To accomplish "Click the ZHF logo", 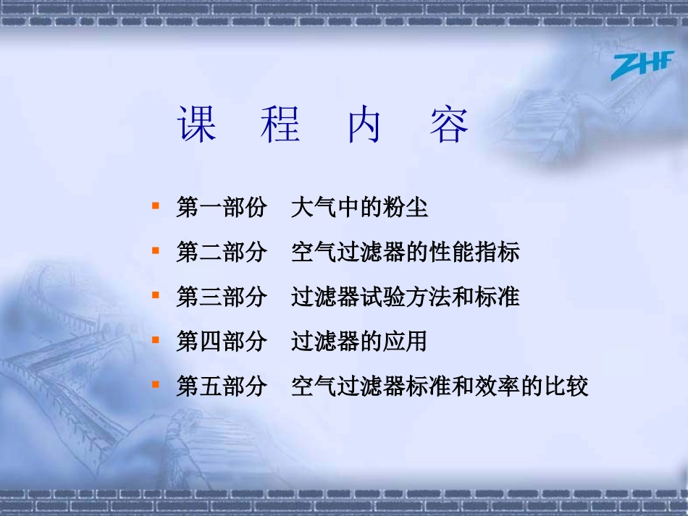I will click(640, 64).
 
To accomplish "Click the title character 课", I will click(197, 125).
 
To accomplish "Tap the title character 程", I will click(280, 125).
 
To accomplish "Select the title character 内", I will click(364, 125).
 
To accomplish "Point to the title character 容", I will click(448, 125).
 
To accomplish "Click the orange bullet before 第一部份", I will click(155, 206).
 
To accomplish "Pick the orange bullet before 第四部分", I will click(155, 340).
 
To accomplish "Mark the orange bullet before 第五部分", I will click(155, 384).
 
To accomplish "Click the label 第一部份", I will click(222, 208).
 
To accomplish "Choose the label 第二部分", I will click(222, 253).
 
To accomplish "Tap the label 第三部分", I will click(222, 297).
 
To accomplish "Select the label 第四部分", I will click(222, 342).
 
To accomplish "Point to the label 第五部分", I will click(222, 386).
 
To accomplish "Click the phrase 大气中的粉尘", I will click(359, 208).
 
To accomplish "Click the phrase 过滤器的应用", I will click(359, 342).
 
